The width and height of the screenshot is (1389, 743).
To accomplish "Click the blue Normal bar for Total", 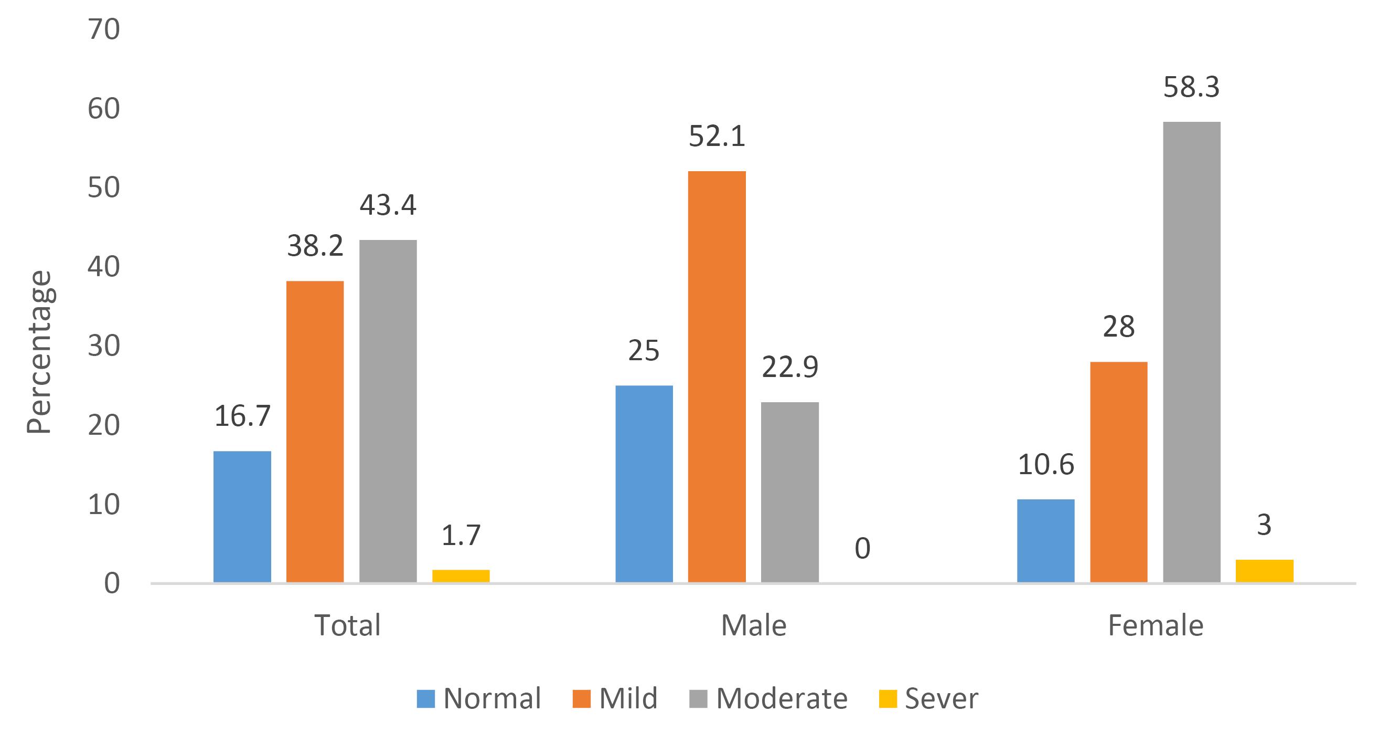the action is [242, 516].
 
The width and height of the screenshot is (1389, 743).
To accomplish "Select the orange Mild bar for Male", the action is [717, 376].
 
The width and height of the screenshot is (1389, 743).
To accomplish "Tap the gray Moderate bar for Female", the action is [1192, 352].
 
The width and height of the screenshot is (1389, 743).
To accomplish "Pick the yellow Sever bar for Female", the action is [1265, 571].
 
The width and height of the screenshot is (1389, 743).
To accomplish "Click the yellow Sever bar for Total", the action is [461, 575].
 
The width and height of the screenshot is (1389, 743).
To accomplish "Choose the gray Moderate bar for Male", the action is [790, 492].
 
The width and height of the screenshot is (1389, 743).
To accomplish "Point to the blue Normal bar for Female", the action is [1045, 541].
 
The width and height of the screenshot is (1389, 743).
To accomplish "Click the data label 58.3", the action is [1191, 87].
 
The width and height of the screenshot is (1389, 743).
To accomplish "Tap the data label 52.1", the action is [717, 137].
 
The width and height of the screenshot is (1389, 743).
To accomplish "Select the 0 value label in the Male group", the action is [863, 549].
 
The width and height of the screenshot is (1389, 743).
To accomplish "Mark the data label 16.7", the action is [242, 416].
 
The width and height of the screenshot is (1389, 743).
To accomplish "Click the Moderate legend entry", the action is [768, 698].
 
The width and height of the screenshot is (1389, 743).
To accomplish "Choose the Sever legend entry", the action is [928, 698].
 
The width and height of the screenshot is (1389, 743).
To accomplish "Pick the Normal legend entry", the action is [479, 698].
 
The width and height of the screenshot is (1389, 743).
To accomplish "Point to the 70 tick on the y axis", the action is [103, 30].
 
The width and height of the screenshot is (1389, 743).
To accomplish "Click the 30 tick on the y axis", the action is [103, 347].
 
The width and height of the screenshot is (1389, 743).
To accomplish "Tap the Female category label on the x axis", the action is [1156, 626].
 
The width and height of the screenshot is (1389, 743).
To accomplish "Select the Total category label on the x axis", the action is [347, 626].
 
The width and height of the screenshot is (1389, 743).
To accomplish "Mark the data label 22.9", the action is [790, 368].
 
